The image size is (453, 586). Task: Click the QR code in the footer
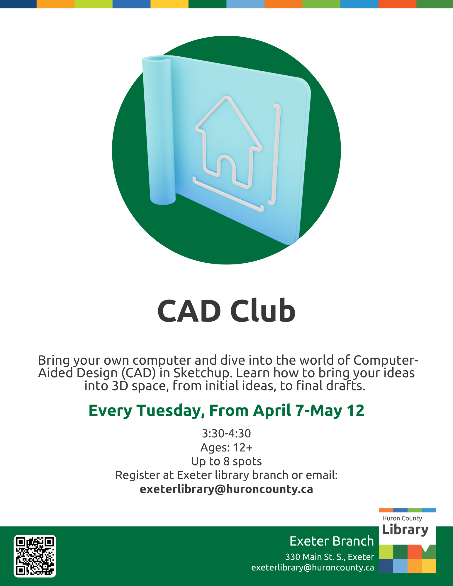tap(35, 556)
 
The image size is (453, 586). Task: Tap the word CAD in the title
tap(189, 311)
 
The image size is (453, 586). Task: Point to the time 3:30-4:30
tap(226, 433)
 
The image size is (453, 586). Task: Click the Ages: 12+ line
tap(226, 447)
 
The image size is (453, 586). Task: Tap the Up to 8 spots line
tap(226, 461)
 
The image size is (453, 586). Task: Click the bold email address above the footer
tap(226, 489)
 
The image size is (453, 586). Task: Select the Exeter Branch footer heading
tap(332, 541)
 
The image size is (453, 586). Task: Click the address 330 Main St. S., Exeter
tap(330, 557)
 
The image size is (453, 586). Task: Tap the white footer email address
tap(313, 568)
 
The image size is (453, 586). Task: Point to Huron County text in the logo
tap(402, 518)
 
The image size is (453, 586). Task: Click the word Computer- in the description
tap(386, 360)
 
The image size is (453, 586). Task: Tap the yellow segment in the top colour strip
tap(169, 4)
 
